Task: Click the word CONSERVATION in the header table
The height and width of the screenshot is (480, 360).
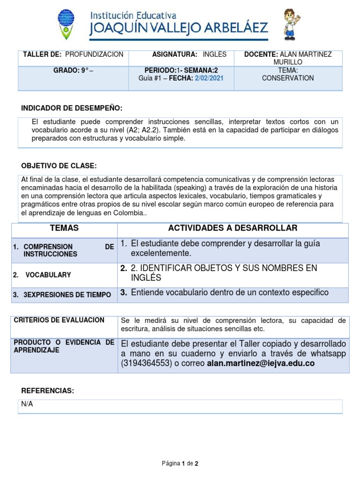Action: (x=288, y=78)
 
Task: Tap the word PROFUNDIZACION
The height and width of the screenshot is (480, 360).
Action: (x=94, y=54)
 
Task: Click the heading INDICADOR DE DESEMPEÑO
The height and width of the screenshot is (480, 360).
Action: (x=72, y=108)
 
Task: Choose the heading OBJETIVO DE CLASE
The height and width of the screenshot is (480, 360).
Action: (x=59, y=166)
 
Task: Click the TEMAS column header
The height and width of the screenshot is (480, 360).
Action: (x=64, y=228)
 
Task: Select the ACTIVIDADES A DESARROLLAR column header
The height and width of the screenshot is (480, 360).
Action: (x=232, y=228)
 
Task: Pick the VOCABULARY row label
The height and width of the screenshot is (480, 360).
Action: (x=48, y=275)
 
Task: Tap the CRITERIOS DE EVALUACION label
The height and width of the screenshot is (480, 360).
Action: (x=59, y=320)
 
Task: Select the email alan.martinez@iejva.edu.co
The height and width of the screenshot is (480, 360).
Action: (x=261, y=363)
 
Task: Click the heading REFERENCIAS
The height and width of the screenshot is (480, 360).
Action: (x=48, y=391)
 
